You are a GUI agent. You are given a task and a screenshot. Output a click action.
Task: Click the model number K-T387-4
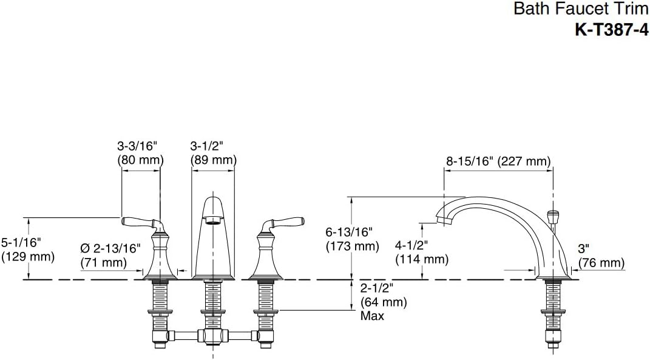tap(611, 30)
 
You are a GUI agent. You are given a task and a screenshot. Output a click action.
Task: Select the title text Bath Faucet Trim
tap(581, 8)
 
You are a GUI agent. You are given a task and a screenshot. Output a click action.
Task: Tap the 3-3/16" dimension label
tap(138, 146)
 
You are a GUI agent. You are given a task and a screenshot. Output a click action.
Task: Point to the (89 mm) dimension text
tap(214, 160)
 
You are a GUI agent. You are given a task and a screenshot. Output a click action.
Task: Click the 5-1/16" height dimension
tap(21, 242)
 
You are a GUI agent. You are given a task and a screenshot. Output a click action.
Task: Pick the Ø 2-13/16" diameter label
tap(110, 248)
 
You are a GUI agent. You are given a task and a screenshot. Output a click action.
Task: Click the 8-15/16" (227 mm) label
tap(499, 161)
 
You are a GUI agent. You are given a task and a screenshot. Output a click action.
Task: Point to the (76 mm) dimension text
tap(601, 262)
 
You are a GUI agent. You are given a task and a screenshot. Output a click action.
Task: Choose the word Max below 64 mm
tap(372, 316)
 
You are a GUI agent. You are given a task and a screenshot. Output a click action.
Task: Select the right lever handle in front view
tap(283, 222)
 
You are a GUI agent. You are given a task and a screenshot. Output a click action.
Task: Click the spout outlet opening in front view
tap(213, 220)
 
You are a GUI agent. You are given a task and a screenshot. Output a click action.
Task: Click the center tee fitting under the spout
tap(213, 334)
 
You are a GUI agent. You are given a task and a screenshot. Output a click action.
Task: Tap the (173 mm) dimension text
tap(353, 246)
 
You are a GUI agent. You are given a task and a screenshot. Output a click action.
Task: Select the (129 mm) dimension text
tap(28, 257)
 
